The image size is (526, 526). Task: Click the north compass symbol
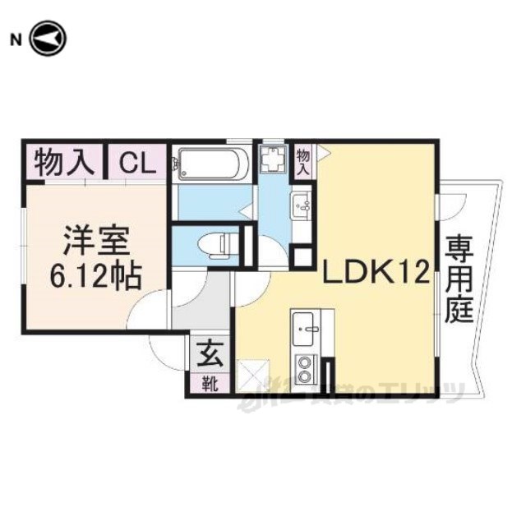tap(48, 39)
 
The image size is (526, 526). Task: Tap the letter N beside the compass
tap(15, 39)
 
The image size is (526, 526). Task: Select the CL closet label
tap(137, 162)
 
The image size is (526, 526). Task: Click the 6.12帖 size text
tap(97, 275)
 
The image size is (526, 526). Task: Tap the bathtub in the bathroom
tap(211, 164)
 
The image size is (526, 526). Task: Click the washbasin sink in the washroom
tap(301, 203)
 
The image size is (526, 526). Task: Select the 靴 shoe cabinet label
tap(210, 383)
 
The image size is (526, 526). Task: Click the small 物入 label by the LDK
tap(303, 160)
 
